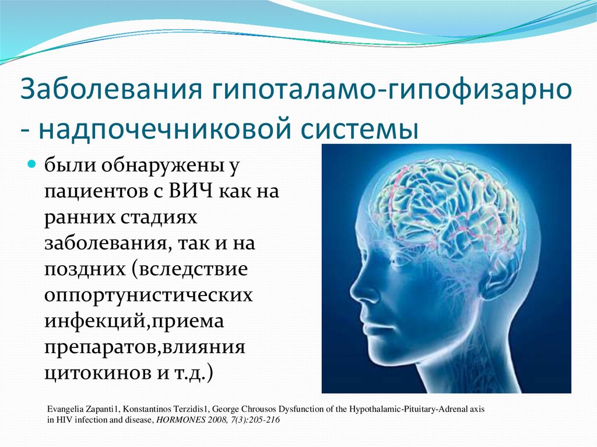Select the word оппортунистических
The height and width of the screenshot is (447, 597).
tap(149, 296)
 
